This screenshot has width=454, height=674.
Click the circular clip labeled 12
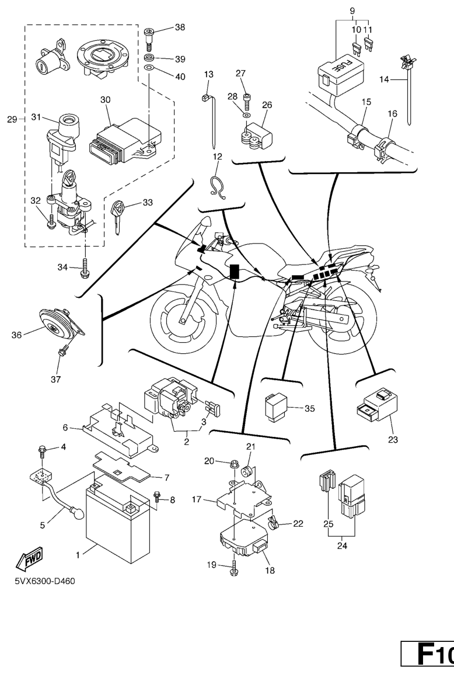click(218, 187)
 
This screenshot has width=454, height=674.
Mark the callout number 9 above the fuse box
click(352, 10)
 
